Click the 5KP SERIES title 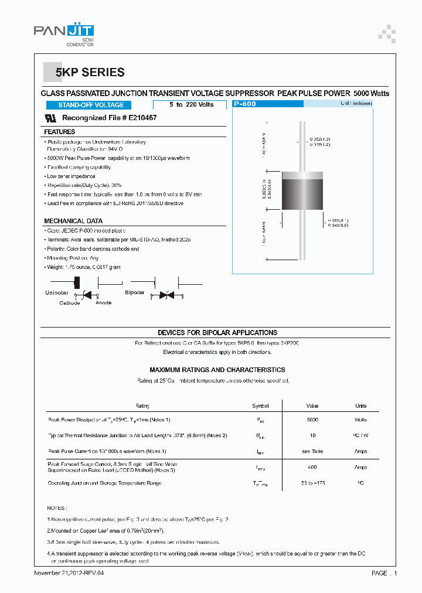coord(90,73)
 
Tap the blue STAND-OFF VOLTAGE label coord(91,105)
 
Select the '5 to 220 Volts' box coord(191,105)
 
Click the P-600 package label coord(245,104)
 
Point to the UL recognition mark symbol coord(50,118)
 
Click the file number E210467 coord(139,118)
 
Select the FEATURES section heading coord(60,132)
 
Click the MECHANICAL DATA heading coord(73,221)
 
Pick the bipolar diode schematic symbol coord(166,296)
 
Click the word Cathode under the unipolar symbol coord(69,303)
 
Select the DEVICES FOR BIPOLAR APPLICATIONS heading coord(217,332)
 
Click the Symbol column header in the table coord(260,405)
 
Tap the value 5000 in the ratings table coord(312,420)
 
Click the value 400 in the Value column coord(312,467)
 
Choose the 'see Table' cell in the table coord(312,451)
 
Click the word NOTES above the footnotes coord(57,508)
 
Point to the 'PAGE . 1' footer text coord(384,572)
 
